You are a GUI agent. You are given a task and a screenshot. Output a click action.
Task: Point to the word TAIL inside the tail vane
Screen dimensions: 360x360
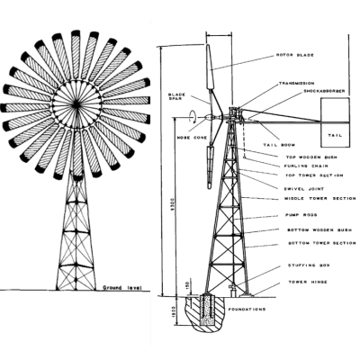point(335,134)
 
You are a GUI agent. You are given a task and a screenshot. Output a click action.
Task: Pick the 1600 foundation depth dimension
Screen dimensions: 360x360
point(161,318)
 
